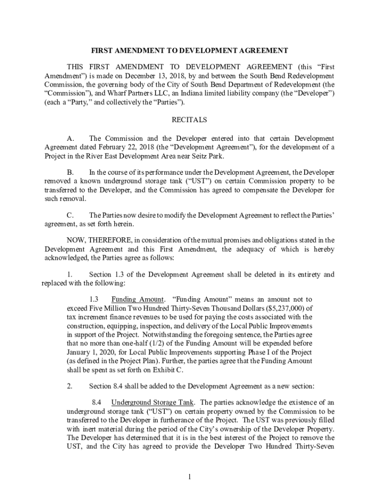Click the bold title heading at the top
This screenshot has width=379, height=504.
pos(189,51)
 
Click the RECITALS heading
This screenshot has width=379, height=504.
pos(189,120)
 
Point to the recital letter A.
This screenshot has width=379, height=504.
pos(70,139)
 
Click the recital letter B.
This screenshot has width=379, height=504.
pos(70,173)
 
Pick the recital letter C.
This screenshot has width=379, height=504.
pos(70,216)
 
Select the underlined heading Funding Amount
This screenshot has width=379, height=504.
pos(138,299)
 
